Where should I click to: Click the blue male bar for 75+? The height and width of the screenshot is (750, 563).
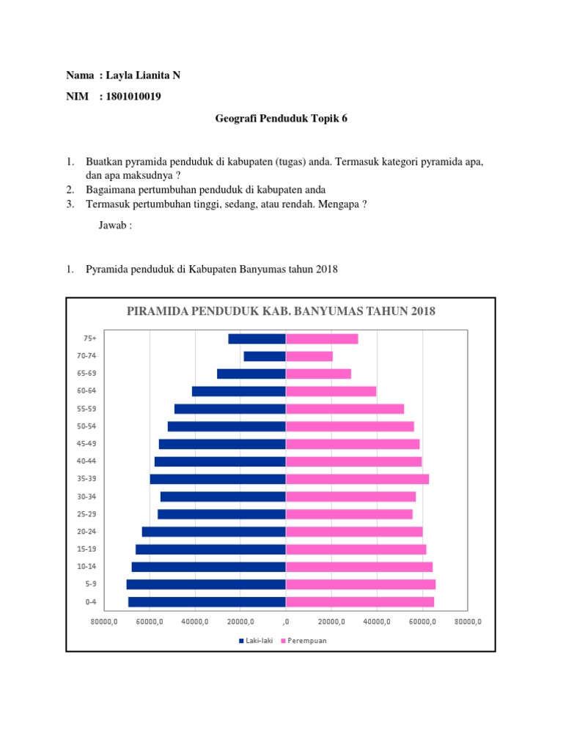point(257,338)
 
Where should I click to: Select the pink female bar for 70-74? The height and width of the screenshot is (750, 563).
point(309,356)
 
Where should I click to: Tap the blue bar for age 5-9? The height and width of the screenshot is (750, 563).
point(205,584)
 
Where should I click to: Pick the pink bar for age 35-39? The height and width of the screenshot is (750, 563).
point(357,479)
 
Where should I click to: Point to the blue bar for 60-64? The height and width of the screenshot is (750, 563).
point(238,391)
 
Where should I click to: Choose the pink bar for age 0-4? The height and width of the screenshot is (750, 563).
point(359,602)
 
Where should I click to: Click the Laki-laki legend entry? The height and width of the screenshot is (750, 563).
point(254,640)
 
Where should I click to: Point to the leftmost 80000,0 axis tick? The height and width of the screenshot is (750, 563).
point(104,621)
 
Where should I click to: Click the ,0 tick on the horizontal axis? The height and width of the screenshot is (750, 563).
point(285,621)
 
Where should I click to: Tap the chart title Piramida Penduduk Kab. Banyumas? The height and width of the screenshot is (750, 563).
point(281,311)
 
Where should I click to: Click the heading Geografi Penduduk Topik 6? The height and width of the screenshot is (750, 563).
point(281,117)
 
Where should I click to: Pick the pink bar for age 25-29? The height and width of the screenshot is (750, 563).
point(349,514)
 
